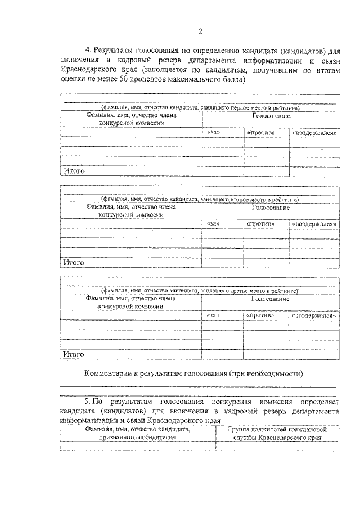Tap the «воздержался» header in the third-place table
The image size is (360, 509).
coord(314,316)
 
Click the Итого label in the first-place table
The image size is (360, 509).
coord(74,170)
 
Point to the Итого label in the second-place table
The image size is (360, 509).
coord(74,262)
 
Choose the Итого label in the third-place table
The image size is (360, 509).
coord(74,354)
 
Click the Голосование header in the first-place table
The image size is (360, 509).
coord(271,116)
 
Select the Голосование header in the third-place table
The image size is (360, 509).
coord(271,299)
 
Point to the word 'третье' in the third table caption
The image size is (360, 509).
coord(231,291)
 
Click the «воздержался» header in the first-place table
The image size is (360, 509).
coord(314,133)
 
